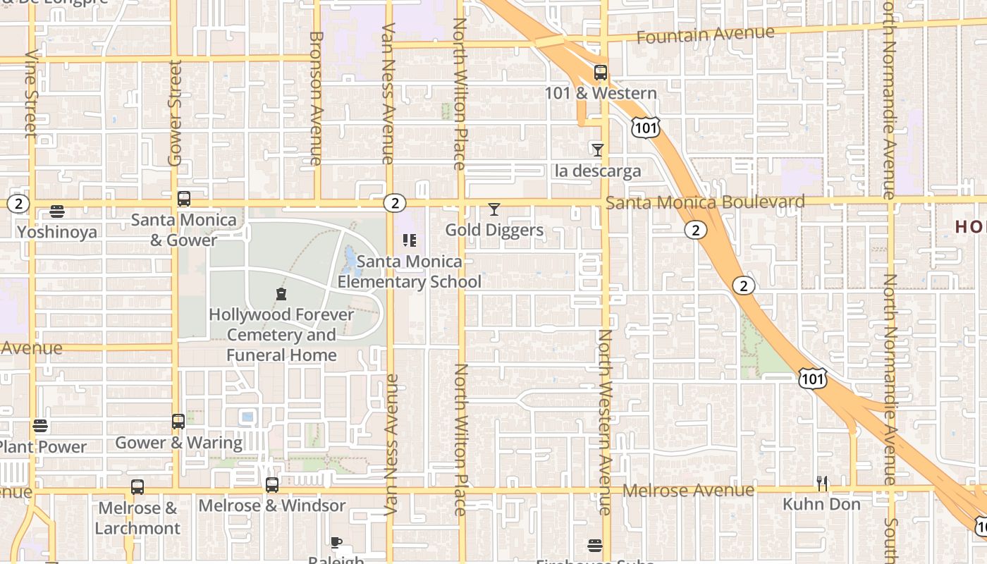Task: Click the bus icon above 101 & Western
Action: [600, 73]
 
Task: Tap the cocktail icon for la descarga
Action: [598, 149]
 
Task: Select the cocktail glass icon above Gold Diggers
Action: [494, 209]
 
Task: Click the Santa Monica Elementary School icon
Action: [410, 240]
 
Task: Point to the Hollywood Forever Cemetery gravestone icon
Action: [281, 294]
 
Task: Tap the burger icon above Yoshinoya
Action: [57, 211]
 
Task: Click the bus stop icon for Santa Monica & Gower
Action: [184, 199]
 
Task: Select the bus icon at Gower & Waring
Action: [178, 422]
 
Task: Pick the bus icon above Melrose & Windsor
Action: [272, 485]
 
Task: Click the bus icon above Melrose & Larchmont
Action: [137, 487]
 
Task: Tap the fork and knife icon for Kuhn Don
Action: [822, 484]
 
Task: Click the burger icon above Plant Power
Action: [40, 426]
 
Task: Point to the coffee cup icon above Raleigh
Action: [336, 542]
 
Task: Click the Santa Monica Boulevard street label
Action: [705, 203]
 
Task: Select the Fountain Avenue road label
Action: [705, 35]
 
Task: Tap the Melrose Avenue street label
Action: [689, 490]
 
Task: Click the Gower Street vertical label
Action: [175, 113]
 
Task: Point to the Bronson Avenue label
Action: [316, 99]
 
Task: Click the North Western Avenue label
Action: [605, 422]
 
